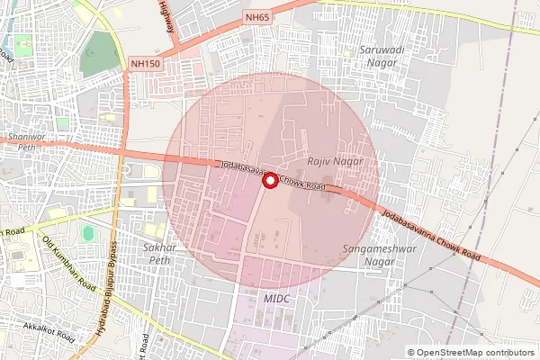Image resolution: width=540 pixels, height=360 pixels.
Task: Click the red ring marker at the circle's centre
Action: pos(269,181)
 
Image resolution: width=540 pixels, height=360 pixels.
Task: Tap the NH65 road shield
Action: pos(256,17)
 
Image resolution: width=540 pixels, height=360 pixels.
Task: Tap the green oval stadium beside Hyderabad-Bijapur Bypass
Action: pos(87,233)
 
